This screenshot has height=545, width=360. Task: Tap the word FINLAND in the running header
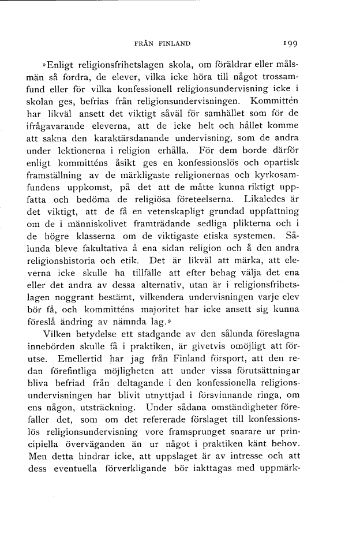tap(171, 43)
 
